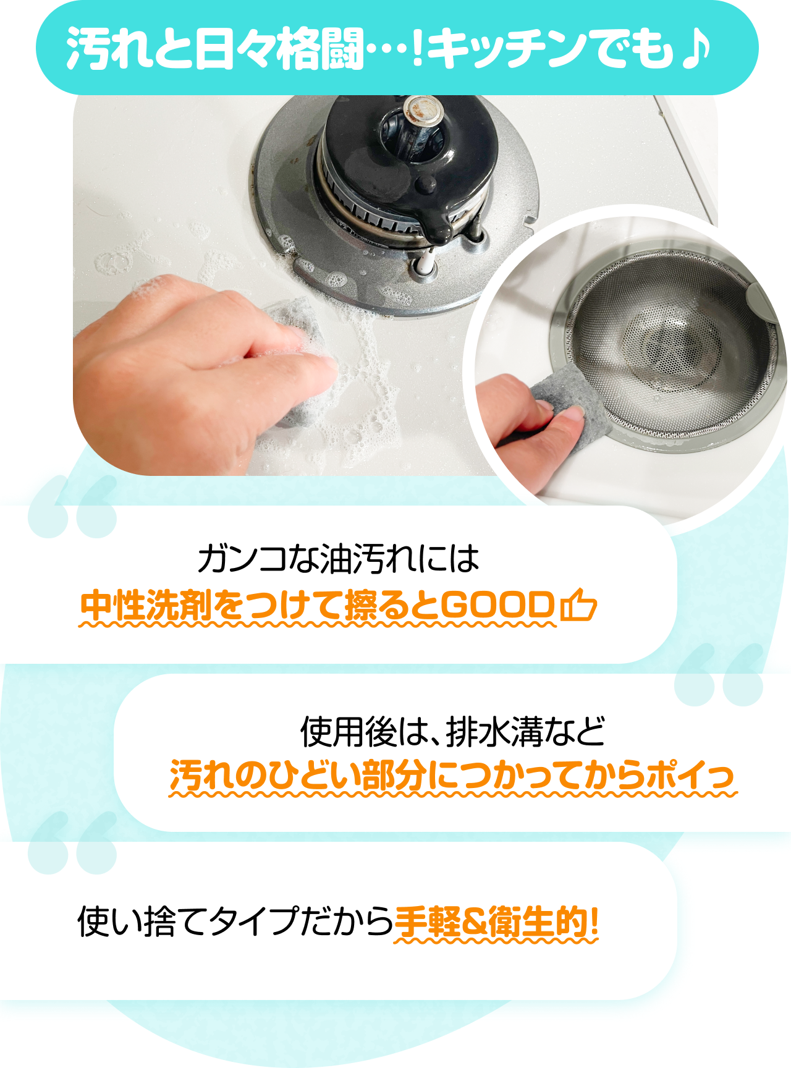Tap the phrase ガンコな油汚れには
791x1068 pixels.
point(338,558)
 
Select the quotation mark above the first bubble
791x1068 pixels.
point(73,506)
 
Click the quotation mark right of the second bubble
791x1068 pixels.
point(719,674)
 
